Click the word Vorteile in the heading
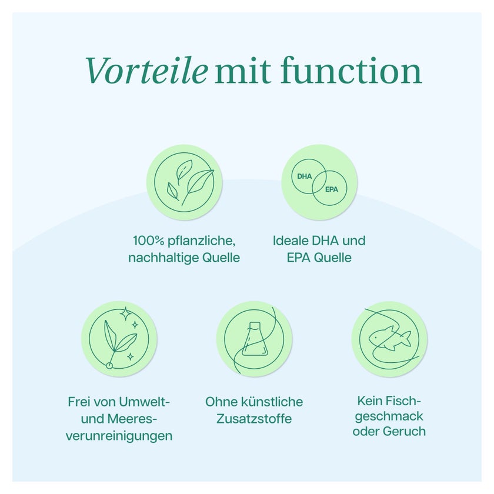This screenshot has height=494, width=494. pyautogui.click(x=146, y=71)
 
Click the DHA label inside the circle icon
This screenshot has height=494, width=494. pyautogui.click(x=305, y=176)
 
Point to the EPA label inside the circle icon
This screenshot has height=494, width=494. pyautogui.click(x=332, y=189)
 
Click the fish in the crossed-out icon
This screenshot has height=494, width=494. pyautogui.click(x=390, y=338)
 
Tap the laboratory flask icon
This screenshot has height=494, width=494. pyautogui.click(x=255, y=339)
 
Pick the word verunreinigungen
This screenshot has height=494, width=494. pyautogui.click(x=119, y=436)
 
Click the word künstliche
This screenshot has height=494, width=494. pyautogui.click(x=272, y=402)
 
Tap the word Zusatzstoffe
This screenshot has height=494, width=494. pyautogui.click(x=254, y=419)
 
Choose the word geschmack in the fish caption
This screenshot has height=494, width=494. pyautogui.click(x=389, y=416)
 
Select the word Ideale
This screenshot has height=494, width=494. pyautogui.click(x=290, y=241)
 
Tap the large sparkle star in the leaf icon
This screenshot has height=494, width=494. pyautogui.click(x=125, y=314)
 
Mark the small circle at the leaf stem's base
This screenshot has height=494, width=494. pyautogui.click(x=109, y=365)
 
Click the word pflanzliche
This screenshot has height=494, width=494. pyautogui.click(x=202, y=241)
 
